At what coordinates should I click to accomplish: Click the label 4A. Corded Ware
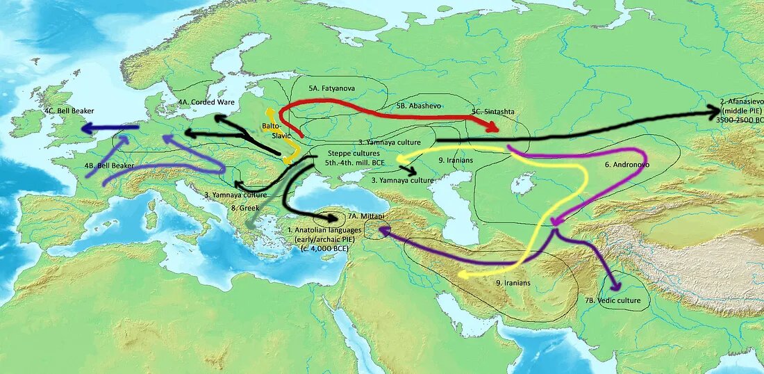coord(206,101)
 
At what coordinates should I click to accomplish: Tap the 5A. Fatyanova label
coord(332,89)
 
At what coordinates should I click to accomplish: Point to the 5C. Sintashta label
coord(495,111)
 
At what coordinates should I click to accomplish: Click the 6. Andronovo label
coord(626,165)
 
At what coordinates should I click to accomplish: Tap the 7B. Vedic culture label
coord(613,300)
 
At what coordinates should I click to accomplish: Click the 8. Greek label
coord(244,207)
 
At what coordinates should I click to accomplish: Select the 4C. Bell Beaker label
coord(69,111)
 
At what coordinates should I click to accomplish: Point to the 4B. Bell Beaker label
coord(109,166)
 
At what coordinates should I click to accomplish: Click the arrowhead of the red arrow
coord(494,127)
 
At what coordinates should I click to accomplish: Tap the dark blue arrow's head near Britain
coord(85,128)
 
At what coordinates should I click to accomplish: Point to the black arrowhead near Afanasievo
coord(715,111)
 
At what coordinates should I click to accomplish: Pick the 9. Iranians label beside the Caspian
coord(456,161)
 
